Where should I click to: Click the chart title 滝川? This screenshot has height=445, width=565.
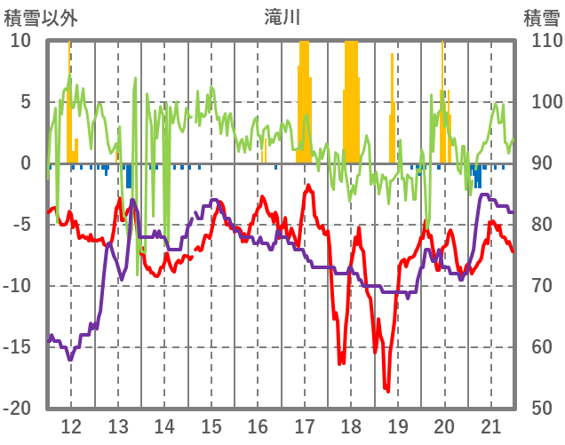pos(282,17)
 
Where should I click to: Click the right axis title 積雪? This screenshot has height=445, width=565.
pos(540,17)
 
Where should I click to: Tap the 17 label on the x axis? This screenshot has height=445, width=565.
pos(305,425)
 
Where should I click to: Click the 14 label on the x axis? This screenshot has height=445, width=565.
pos(164,425)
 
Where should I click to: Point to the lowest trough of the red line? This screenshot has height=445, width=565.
pos(387,389)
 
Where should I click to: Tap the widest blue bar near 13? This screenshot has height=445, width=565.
pos(128,175)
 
